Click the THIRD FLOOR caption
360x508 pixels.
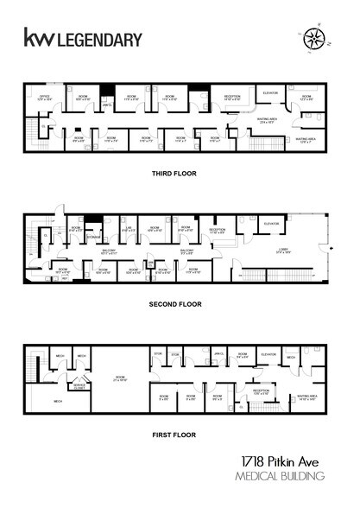(x=174, y=174)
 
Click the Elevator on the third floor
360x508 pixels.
(x=268, y=94)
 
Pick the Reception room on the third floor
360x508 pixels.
(x=231, y=98)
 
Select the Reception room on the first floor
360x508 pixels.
(x=262, y=391)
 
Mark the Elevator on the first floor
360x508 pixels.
(x=267, y=355)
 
